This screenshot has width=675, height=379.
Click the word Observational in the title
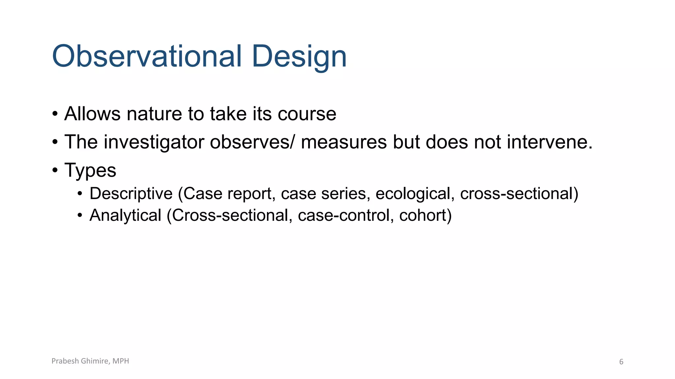pos(147,56)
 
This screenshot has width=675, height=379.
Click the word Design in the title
pos(299,57)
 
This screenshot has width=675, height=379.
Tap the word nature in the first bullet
pos(154,114)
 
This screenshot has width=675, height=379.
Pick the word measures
pos(343,142)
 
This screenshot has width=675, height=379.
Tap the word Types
pos(90,170)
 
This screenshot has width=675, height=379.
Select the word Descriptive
pos(131,193)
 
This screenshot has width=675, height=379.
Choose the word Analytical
pos(125,215)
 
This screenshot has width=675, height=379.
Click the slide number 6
pos(621,362)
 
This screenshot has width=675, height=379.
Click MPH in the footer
pos(121,361)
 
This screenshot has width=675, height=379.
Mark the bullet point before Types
pos(55,171)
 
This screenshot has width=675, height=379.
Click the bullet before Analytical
pos(80,216)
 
